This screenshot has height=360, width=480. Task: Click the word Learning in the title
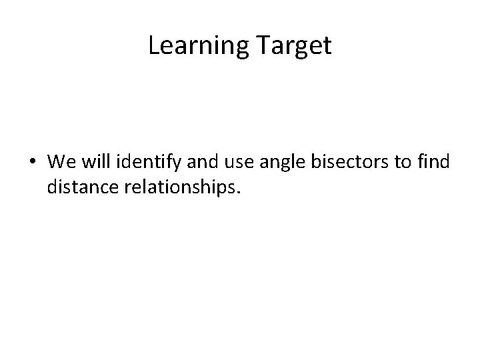click(197, 46)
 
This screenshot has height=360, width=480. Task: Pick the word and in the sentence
click(191, 162)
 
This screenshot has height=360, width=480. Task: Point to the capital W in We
click(55, 162)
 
